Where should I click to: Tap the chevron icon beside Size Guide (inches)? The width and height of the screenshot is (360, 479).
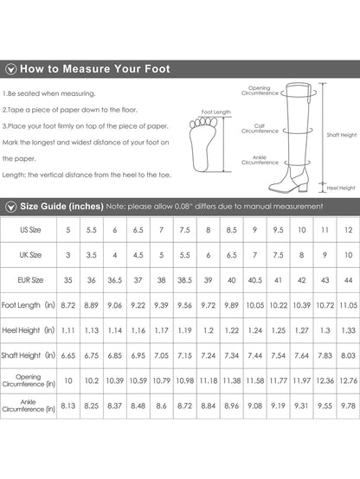pyautogui.click(x=11, y=207)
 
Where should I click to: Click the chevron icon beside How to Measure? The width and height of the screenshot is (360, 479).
pyautogui.click(x=11, y=69)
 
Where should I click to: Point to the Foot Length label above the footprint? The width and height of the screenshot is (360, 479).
pyautogui.click(x=216, y=112)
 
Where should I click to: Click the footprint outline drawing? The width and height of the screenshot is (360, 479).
pyautogui.click(x=202, y=144)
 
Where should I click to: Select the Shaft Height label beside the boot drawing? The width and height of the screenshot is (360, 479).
pyautogui.click(x=342, y=135)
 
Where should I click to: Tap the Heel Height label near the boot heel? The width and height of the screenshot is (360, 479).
pyautogui.click(x=341, y=188)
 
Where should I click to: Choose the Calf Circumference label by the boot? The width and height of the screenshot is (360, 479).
pyautogui.click(x=260, y=128)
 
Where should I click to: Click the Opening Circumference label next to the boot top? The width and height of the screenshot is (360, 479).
pyautogui.click(x=260, y=91)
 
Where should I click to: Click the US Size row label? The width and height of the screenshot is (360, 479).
pyautogui.click(x=30, y=230)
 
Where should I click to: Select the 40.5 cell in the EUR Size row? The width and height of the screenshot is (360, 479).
pyautogui.click(x=254, y=280)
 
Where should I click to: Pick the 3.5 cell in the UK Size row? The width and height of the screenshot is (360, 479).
pyautogui.click(x=91, y=255)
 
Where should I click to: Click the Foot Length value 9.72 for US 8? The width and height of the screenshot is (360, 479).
pyautogui.click(x=208, y=305)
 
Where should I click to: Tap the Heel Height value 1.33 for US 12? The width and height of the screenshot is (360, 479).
pyautogui.click(x=349, y=330)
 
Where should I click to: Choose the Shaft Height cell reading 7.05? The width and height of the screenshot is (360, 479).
pyautogui.click(x=161, y=355)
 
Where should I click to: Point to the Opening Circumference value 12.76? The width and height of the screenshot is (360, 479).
pyautogui.click(x=349, y=380)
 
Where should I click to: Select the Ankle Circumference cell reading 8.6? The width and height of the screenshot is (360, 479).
pyautogui.click(x=161, y=406)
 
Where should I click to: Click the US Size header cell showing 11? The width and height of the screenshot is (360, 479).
pyautogui.click(x=325, y=230)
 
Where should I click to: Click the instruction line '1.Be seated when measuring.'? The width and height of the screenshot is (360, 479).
pyautogui.click(x=49, y=93)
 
